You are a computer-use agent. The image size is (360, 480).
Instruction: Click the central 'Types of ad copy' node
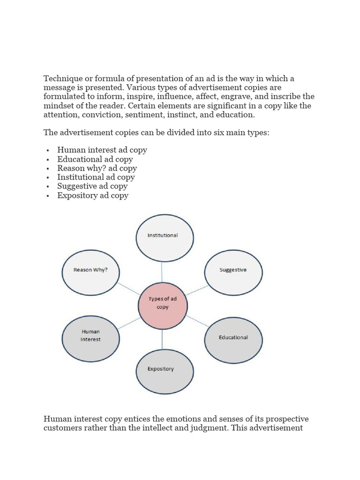pyautogui.click(x=163, y=306)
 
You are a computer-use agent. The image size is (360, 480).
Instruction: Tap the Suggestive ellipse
pyautogui.click(x=233, y=272)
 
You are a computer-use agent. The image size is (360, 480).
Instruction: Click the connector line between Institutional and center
pyautogui.click(x=162, y=271)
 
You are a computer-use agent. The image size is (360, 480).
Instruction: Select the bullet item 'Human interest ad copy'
pyautogui.click(x=102, y=150)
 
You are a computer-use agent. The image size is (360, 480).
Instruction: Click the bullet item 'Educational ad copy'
pyautogui.click(x=95, y=159)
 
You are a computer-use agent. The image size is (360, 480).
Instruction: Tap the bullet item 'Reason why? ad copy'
pyautogui.click(x=97, y=168)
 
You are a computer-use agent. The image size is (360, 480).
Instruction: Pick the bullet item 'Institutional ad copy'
pyautogui.click(x=96, y=177)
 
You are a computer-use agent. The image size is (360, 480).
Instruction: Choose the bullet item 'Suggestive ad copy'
pyautogui.click(x=92, y=186)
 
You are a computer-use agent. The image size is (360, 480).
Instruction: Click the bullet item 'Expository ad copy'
pyautogui.click(x=93, y=195)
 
